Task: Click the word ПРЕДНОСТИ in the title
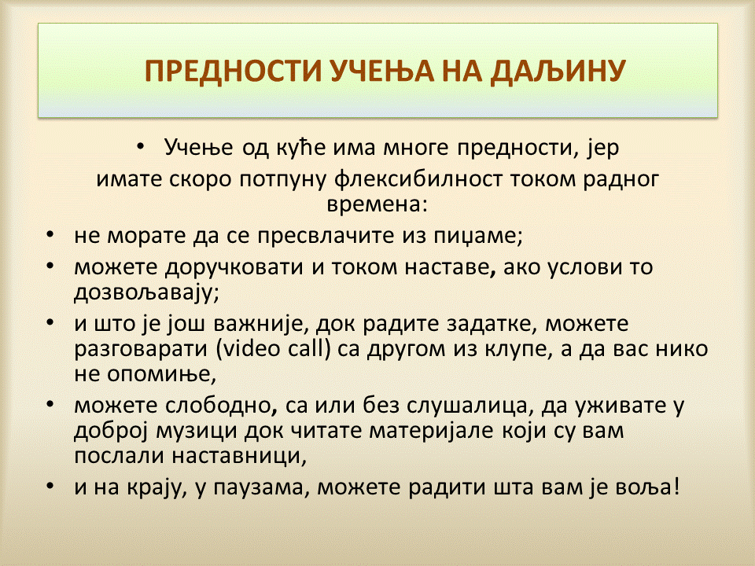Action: [x=233, y=71]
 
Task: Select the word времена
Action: [x=377, y=204]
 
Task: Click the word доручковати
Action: [x=234, y=267]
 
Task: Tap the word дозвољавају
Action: [x=146, y=292]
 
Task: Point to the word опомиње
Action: [x=161, y=375]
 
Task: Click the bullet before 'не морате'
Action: [x=50, y=235]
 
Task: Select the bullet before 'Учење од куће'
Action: [x=140, y=146]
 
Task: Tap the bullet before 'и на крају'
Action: [x=50, y=486]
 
